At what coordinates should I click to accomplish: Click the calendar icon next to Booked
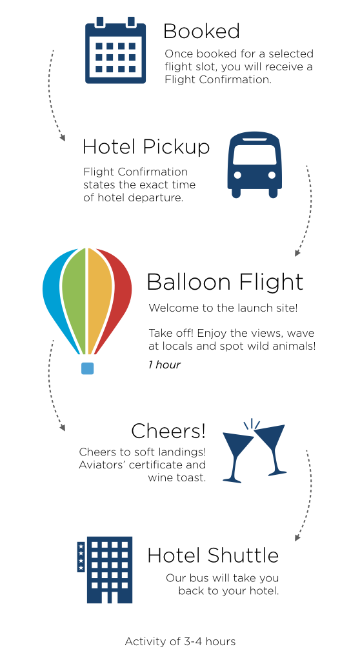(115, 50)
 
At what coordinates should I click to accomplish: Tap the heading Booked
(201, 31)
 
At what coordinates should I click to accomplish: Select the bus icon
(254, 165)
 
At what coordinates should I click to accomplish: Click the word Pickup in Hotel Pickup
(176, 147)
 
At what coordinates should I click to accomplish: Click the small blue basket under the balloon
(87, 368)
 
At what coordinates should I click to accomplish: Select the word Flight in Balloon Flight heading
(271, 283)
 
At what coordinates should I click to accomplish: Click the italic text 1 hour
(165, 365)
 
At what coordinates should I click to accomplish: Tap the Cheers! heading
(168, 431)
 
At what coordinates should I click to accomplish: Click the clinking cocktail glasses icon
(254, 450)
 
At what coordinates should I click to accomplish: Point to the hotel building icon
(105, 570)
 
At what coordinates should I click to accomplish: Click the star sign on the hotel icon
(81, 557)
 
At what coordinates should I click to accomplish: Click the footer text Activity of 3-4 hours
(180, 641)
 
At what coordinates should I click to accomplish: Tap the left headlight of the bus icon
(237, 175)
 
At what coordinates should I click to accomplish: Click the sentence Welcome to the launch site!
(223, 308)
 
